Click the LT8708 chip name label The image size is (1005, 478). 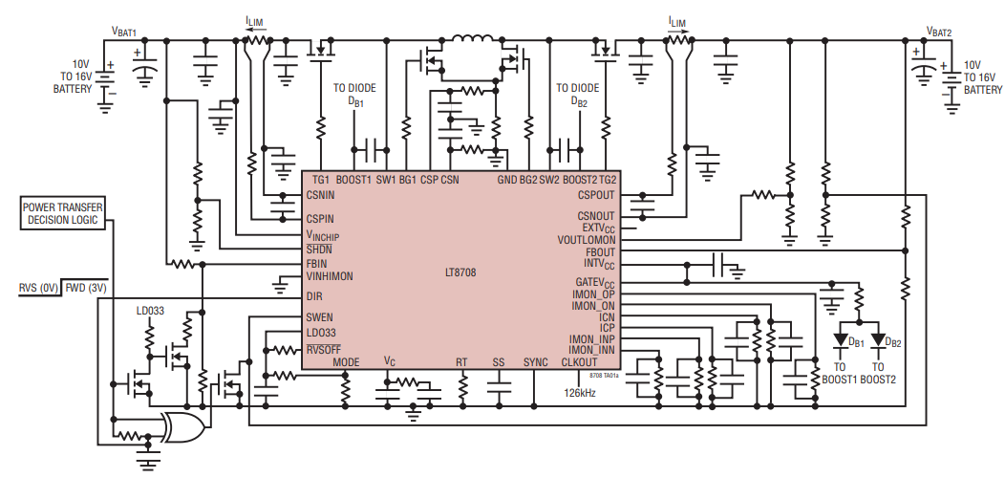(x=460, y=272)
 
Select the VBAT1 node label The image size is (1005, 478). (x=130, y=33)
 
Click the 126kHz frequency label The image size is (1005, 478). (x=580, y=392)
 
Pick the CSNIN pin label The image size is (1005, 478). (x=321, y=194)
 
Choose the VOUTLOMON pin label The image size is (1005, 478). (x=586, y=240)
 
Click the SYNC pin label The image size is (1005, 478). (x=536, y=362)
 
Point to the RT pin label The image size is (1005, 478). (x=461, y=362)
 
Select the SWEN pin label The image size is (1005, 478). (x=319, y=316)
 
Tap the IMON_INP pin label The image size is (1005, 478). (x=591, y=339)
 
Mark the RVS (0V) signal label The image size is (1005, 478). (x=38, y=287)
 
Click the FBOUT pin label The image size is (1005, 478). (x=598, y=252)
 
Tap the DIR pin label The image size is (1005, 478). (x=314, y=296)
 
